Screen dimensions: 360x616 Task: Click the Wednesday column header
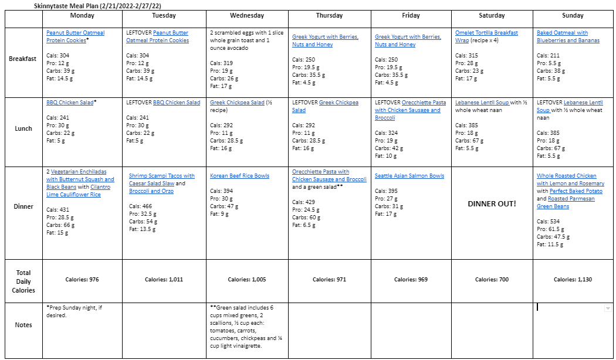[x=247, y=16]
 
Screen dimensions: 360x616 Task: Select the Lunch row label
[x=23, y=128]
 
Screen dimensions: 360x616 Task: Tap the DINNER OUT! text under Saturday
[x=492, y=203]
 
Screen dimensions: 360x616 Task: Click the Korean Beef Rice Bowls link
[x=239, y=176]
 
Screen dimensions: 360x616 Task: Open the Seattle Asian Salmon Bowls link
[x=409, y=176]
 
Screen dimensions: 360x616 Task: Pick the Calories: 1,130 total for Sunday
[x=573, y=280]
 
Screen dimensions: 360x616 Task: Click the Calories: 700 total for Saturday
[x=492, y=280]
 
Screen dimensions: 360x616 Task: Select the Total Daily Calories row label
[x=23, y=281]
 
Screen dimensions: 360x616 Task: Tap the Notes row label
[x=23, y=325]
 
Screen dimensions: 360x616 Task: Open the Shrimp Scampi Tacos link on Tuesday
[x=161, y=176]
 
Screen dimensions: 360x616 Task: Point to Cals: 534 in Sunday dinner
[x=548, y=222]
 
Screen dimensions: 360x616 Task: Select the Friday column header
[x=411, y=16]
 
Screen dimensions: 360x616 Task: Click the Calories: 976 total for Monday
[x=82, y=280]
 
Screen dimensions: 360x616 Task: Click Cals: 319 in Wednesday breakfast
[x=221, y=63]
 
